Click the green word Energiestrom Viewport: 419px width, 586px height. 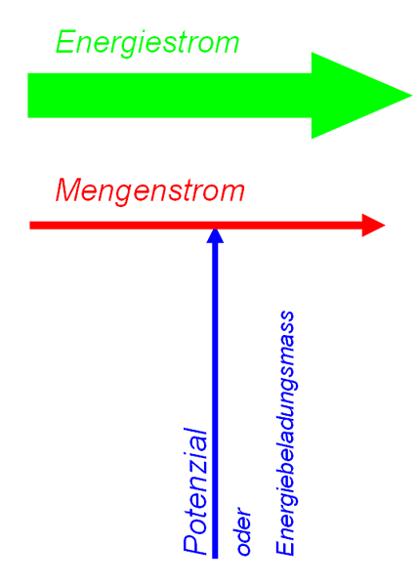[x=147, y=43]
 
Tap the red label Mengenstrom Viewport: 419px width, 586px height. [x=150, y=191]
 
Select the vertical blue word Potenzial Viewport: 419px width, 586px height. [x=195, y=491]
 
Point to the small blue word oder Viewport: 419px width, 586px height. [x=243, y=531]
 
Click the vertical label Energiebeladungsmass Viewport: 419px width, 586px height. [x=285, y=433]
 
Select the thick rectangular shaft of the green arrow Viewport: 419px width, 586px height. [x=170, y=96]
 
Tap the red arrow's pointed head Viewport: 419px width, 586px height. [x=373, y=226]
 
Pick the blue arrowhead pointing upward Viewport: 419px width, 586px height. [x=215, y=236]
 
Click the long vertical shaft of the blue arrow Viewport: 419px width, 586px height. [x=215, y=400]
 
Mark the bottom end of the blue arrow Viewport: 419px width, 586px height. [x=215, y=559]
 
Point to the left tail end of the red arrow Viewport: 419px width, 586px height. [x=30, y=226]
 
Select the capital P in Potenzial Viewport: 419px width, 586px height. [x=195, y=545]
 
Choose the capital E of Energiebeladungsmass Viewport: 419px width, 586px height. [x=285, y=547]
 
